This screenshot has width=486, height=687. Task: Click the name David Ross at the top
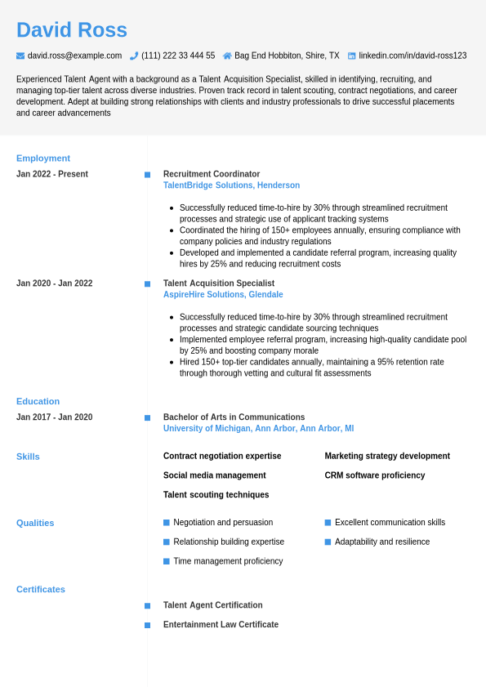(72, 30)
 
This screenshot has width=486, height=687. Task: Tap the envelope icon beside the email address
(20, 56)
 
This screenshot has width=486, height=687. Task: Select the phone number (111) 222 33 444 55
(178, 56)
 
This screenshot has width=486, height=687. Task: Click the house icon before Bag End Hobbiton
(228, 56)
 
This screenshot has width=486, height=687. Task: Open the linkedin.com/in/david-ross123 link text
(412, 56)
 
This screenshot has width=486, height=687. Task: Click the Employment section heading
(43, 158)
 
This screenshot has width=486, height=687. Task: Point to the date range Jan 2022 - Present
(52, 174)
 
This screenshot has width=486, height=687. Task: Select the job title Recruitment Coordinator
(212, 174)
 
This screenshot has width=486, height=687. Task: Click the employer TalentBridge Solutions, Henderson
(231, 185)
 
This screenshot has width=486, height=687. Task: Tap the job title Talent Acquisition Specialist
(219, 283)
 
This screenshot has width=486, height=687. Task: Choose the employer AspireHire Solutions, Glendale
(223, 295)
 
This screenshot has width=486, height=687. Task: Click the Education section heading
(38, 401)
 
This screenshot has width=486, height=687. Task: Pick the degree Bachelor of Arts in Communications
(234, 417)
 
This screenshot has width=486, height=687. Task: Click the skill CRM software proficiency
(375, 475)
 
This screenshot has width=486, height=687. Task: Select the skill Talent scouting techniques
(216, 495)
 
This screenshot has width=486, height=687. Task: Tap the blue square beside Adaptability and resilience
(328, 542)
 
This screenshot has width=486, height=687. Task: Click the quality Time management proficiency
(228, 561)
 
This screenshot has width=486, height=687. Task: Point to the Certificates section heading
(41, 589)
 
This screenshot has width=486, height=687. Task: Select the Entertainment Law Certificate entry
(221, 625)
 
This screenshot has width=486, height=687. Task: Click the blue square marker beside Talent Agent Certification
(147, 606)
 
